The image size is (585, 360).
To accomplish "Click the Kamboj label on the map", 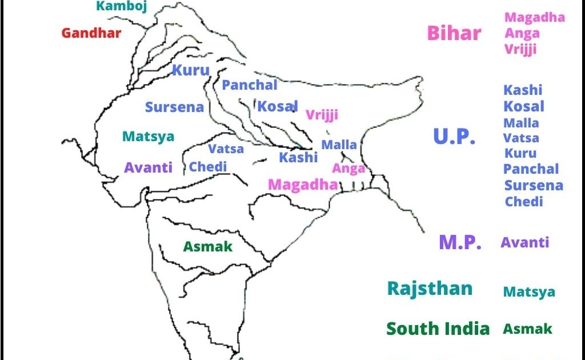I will coord(121,6).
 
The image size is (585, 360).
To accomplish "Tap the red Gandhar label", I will coord(91,33).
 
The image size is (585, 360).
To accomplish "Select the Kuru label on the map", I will coord(191,71).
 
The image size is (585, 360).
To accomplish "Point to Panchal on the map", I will coord(250,85).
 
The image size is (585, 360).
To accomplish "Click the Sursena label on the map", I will coord(174,107).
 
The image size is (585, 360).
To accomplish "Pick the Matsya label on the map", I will coord(148,137).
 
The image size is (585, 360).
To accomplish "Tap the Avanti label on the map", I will coord(148,168).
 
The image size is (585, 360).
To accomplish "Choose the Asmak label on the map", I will coord(208,247).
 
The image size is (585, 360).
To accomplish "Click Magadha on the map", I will coord(303,185).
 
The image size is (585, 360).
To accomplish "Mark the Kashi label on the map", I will coord(298,158).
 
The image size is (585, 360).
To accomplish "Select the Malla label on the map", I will coord(339,145).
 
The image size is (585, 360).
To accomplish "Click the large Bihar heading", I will coord(454,33).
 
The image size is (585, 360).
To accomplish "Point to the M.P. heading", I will coord(460,242).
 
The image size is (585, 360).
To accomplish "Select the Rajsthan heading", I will coord(430,288).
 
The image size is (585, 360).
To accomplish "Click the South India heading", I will coord(438,329).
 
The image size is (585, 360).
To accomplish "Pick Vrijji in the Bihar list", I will coord(520,50).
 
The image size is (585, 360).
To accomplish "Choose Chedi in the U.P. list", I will coord(524,202).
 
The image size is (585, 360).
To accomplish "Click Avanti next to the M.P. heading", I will coord(525,242).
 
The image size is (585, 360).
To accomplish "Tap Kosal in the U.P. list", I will coord(524,106).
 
